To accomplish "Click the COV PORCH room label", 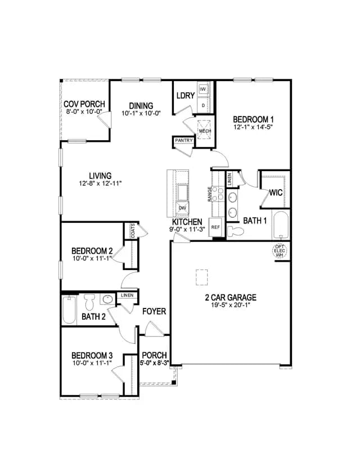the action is pyautogui.click(x=84, y=104).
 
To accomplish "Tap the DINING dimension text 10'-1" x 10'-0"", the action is pyautogui.click(x=141, y=113).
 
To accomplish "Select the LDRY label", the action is pyautogui.click(x=186, y=96).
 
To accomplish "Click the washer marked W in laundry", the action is pyautogui.click(x=203, y=89).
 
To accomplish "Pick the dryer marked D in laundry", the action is pyautogui.click(x=203, y=105).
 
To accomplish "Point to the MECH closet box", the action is pyautogui.click(x=205, y=131).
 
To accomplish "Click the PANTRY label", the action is pyautogui.click(x=184, y=140).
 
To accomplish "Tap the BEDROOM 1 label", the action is pyautogui.click(x=253, y=119).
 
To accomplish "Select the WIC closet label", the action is pyautogui.click(x=276, y=192).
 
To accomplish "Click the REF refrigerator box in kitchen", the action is pyautogui.click(x=215, y=227).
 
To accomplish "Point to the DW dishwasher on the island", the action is pyautogui.click(x=182, y=208).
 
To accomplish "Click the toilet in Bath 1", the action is pyautogui.click(x=235, y=231).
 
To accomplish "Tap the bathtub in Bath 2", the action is pyautogui.click(x=69, y=310).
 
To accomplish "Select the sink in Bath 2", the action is pyautogui.click(x=107, y=299).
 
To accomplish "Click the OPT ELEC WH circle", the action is pyautogui.click(x=280, y=251).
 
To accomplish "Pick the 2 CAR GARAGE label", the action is pyautogui.click(x=231, y=297).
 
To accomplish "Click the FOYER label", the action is pyautogui.click(x=154, y=311).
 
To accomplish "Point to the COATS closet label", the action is pyautogui.click(x=133, y=231).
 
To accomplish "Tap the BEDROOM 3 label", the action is pyautogui.click(x=92, y=356).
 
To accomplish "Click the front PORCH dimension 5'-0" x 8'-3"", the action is pyautogui.click(x=155, y=362).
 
